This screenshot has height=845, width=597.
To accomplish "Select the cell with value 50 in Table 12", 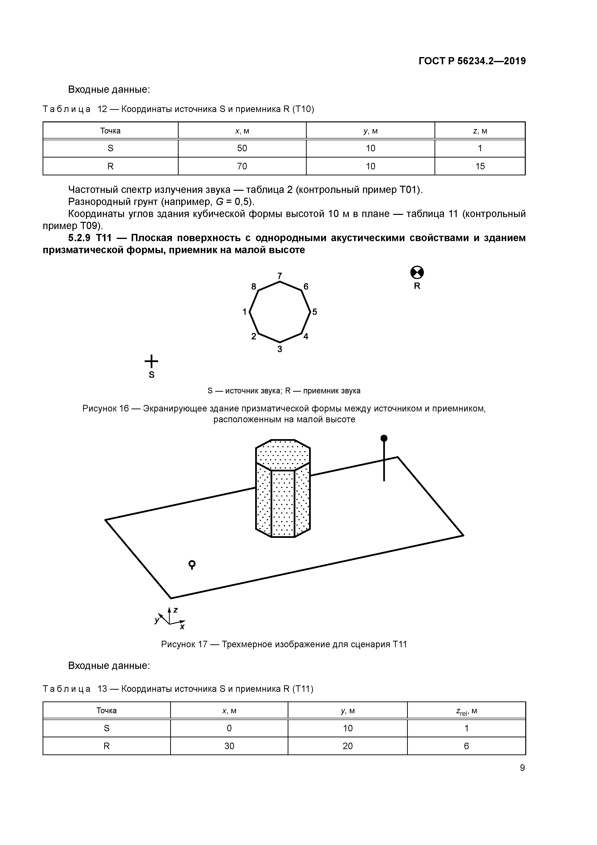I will (x=242, y=148).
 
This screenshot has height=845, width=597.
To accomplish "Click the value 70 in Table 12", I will (x=242, y=166).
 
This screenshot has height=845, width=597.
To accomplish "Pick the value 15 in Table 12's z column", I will (x=480, y=166).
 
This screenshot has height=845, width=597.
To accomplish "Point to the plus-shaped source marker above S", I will (x=151, y=361).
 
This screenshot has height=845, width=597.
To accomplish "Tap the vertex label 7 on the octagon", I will (x=279, y=276).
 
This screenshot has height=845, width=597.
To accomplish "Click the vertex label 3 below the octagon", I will (x=279, y=349).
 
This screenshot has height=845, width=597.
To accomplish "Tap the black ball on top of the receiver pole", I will (x=384, y=438).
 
